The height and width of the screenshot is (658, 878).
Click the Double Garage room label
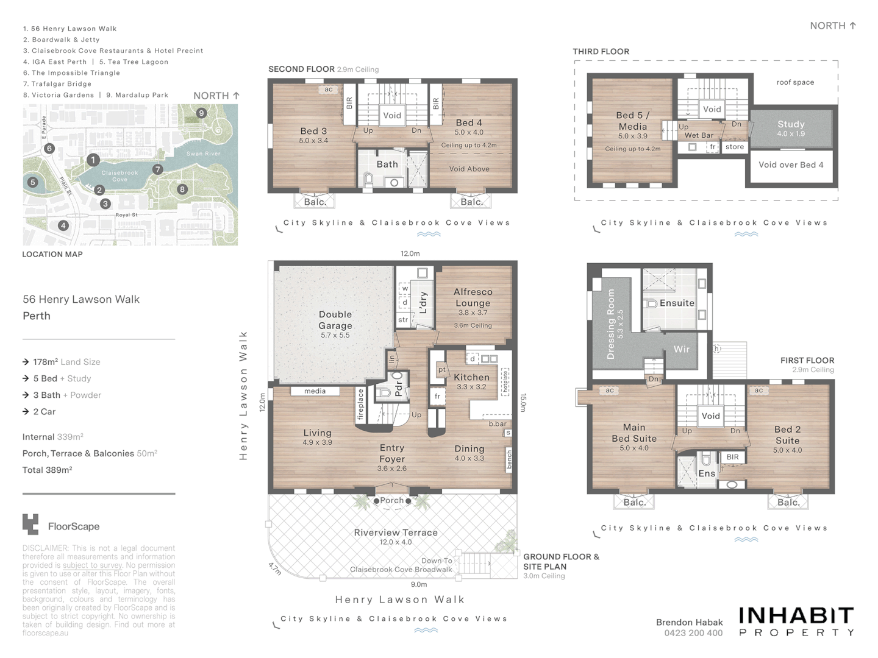click(x=335, y=320)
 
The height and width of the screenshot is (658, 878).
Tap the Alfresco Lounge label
click(x=473, y=297)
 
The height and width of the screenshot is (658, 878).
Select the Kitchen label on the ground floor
click(x=471, y=377)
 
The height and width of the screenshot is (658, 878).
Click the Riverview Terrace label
click(x=396, y=532)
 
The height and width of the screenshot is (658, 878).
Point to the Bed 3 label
click(x=313, y=131)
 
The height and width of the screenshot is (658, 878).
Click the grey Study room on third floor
click(x=791, y=128)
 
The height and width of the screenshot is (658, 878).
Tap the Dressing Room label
click(x=612, y=324)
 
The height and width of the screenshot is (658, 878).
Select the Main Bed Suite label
click(x=634, y=433)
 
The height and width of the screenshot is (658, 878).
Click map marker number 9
click(x=201, y=113)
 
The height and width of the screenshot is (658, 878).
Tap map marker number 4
click(x=63, y=225)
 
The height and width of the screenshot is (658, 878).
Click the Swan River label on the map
click(x=204, y=154)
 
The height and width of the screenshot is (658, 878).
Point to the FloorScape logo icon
click(x=30, y=524)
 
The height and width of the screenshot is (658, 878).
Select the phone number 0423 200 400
click(x=693, y=633)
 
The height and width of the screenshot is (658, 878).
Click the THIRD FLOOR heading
click(x=601, y=52)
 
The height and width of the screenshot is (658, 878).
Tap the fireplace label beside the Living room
click(x=360, y=405)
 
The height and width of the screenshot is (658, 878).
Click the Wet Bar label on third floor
click(x=699, y=135)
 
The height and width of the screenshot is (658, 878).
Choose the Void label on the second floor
click(x=392, y=115)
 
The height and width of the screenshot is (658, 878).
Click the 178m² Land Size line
click(x=66, y=362)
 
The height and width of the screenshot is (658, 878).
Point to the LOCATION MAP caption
click(x=52, y=254)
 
